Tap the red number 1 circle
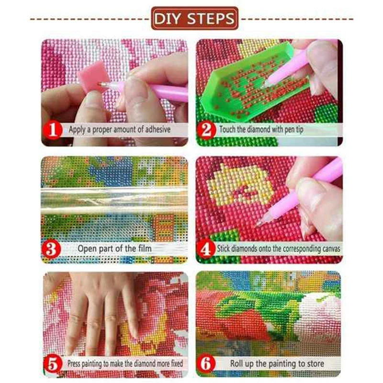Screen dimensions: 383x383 53,130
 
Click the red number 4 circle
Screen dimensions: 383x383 206,248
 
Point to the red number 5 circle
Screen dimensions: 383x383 53,363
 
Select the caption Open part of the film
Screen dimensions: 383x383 114,248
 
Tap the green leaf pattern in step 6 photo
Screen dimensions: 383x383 259,306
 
